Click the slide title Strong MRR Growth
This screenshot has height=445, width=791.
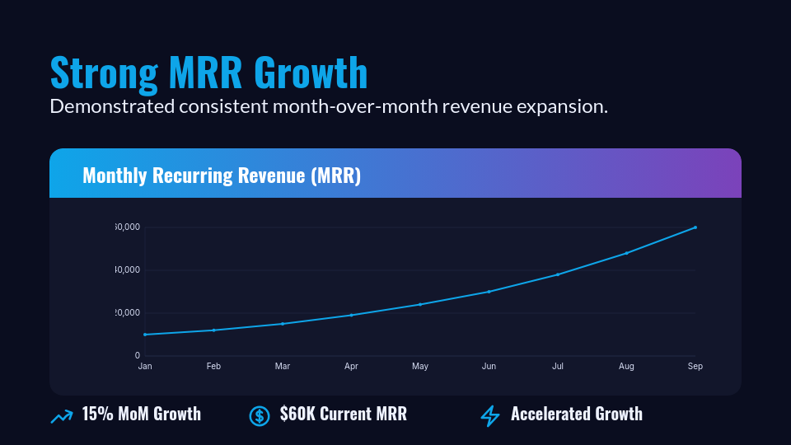[x=208, y=73]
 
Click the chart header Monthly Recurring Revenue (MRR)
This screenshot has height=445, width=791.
[x=222, y=176]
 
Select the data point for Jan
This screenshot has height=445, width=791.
[x=145, y=335]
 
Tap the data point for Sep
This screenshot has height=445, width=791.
[x=695, y=227]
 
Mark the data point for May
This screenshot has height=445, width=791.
[x=420, y=304]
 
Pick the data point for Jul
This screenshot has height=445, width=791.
[x=558, y=274]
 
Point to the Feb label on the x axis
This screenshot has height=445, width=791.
[x=213, y=366]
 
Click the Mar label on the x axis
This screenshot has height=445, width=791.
[x=283, y=366]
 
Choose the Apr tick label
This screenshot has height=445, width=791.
[x=351, y=366]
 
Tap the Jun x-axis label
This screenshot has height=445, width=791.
[x=489, y=366]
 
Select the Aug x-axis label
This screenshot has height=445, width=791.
[x=626, y=366]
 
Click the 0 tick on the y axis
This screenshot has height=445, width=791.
[x=137, y=356]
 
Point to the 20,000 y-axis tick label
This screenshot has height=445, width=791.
[x=128, y=313]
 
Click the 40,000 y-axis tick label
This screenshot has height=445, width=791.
[x=128, y=270]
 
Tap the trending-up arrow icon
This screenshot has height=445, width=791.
[x=62, y=417]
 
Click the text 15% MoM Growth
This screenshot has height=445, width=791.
[x=141, y=414]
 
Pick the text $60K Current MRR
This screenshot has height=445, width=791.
[x=343, y=414]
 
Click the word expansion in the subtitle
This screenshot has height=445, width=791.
[x=566, y=107]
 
